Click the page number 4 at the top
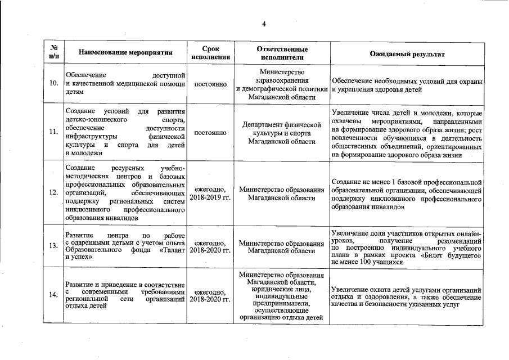point(263,23)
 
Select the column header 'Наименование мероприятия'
point(125,53)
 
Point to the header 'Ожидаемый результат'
point(407,53)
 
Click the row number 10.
point(53,84)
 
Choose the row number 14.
point(53,295)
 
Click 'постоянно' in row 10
point(210,84)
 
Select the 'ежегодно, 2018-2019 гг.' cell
point(210,193)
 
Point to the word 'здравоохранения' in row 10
point(282,80)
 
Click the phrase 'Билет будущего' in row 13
point(451,255)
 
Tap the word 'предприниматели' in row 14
point(282,303)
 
